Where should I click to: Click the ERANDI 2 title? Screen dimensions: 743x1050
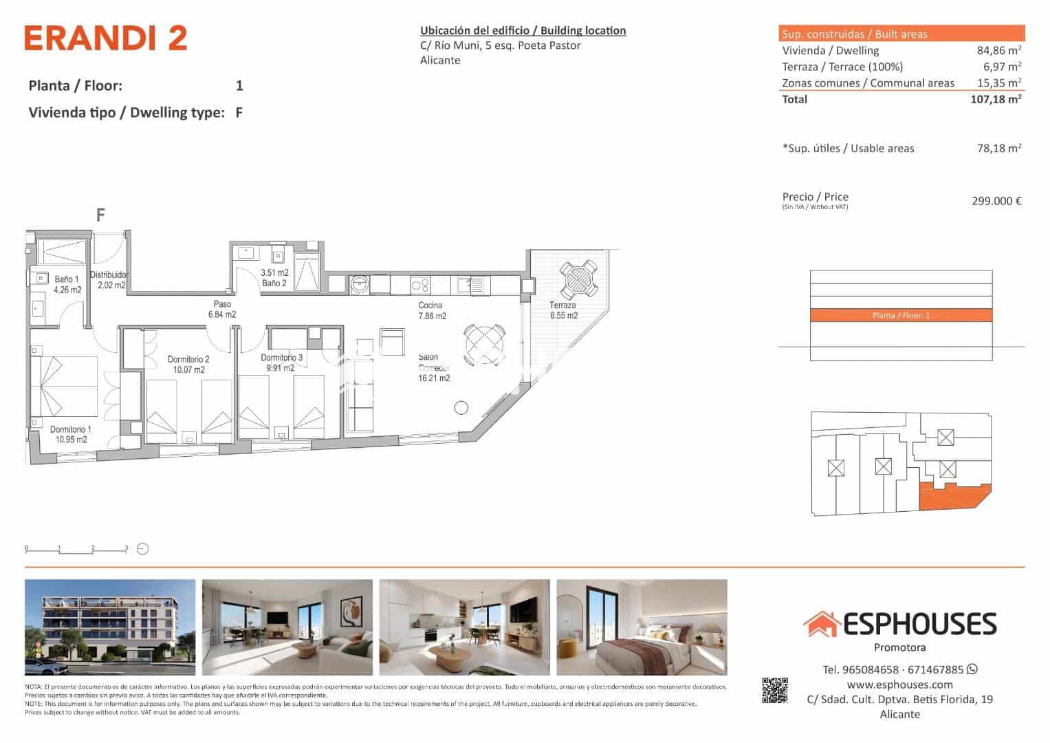point(106,39)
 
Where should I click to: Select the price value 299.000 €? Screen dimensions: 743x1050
point(996,201)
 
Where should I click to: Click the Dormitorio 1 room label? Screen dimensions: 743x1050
point(69,435)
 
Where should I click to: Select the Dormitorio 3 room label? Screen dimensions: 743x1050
point(281,363)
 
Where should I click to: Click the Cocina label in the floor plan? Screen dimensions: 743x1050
point(431,310)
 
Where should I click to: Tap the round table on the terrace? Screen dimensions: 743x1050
point(578,277)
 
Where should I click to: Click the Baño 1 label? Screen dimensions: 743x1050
point(67,284)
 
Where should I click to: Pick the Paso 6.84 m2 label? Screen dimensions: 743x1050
point(221,309)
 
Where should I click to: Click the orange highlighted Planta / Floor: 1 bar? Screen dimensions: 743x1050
point(901,316)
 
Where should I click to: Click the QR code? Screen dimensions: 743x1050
point(774,691)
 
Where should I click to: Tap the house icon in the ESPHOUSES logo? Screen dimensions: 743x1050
point(821,624)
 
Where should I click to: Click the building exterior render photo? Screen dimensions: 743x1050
point(110,627)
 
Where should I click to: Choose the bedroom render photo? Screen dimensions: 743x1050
point(642,627)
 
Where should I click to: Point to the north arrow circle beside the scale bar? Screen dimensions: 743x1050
point(143,549)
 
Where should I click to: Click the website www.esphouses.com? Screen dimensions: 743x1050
point(899,685)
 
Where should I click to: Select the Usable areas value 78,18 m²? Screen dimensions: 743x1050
point(998,148)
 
